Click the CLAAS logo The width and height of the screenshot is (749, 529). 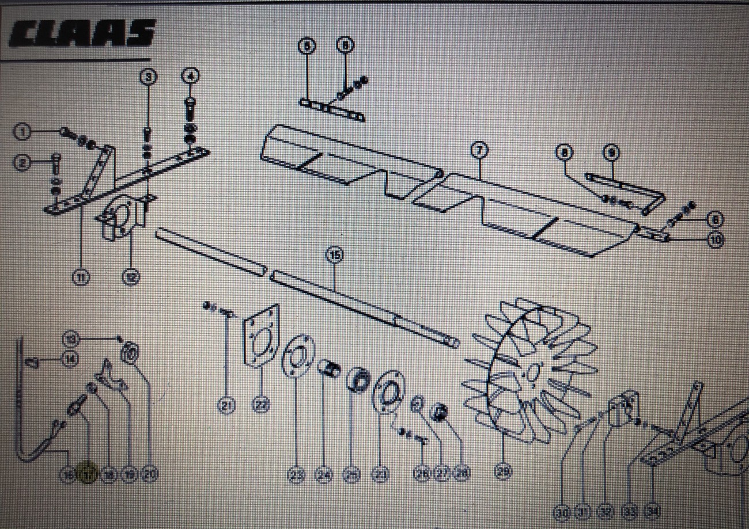tap(82, 34)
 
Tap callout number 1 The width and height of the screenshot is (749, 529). tap(22, 132)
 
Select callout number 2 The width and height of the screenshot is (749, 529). tap(22, 163)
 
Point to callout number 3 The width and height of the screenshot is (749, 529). tap(149, 76)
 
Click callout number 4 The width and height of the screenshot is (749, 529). tap(190, 75)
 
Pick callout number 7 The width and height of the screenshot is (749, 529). tap(478, 150)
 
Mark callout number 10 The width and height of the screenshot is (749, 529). tap(716, 239)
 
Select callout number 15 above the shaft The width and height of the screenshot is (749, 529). tap(334, 254)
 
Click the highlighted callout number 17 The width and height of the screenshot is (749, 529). tap(88, 475)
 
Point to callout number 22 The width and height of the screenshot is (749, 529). tap(262, 406)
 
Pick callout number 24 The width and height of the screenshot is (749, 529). tap(325, 475)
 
